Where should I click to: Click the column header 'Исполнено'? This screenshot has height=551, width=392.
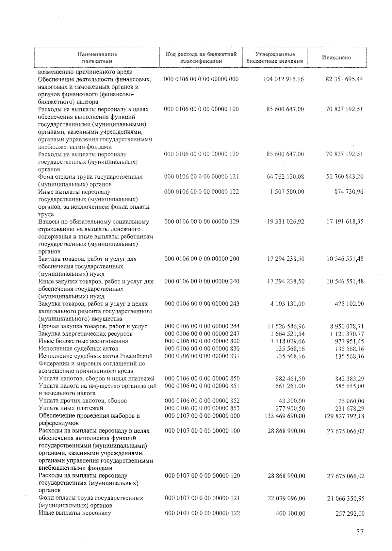(336, 57)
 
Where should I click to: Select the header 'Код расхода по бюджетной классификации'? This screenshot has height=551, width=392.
(201, 57)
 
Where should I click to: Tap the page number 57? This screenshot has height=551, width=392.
(359, 532)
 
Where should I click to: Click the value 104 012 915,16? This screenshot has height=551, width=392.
(283, 79)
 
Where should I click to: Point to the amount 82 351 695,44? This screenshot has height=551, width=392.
(344, 79)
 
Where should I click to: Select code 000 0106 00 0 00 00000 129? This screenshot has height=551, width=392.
(202, 221)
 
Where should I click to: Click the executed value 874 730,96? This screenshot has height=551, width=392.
(349, 192)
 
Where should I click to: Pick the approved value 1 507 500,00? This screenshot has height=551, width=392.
(287, 192)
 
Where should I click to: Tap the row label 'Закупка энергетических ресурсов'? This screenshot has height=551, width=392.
(86, 334)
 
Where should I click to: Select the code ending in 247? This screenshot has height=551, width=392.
(202, 334)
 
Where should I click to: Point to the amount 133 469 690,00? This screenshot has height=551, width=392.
(284, 416)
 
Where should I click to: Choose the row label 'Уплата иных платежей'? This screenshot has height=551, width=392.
(71, 408)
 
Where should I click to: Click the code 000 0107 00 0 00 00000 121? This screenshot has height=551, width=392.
(202, 498)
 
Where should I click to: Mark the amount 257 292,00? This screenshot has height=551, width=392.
(350, 514)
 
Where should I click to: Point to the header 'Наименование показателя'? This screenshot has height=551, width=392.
(97, 57)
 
